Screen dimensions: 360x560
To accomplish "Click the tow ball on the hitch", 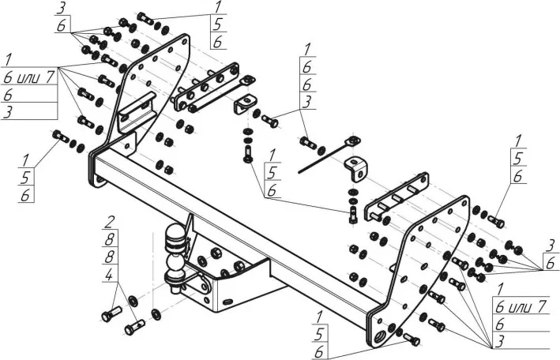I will tap(175, 235).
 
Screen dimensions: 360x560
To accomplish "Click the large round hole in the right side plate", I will tap(384, 335).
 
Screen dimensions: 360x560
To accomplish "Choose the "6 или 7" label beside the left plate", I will tap(28, 77).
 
